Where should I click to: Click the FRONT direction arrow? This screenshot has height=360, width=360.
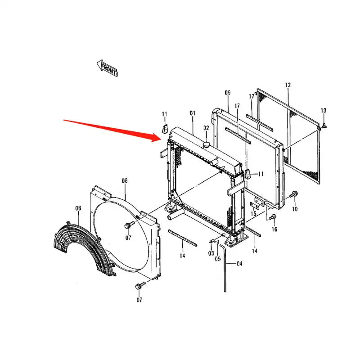click(108, 68)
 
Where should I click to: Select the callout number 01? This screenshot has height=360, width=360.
click(193, 113)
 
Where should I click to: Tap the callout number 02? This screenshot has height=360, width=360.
click(206, 128)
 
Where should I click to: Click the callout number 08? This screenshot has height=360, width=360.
click(78, 208)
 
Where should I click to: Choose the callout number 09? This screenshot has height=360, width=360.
click(227, 93)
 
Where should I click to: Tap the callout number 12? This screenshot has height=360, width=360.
click(288, 85)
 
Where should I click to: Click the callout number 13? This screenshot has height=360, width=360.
click(324, 110)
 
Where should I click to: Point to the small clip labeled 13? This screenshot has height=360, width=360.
click(324, 124)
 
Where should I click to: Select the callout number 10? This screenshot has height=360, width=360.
click(295, 209)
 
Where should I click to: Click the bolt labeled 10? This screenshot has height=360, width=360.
click(295, 194)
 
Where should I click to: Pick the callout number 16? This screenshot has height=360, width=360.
click(274, 229)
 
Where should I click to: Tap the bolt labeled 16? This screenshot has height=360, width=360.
click(273, 218)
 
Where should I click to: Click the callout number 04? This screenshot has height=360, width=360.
click(239, 264)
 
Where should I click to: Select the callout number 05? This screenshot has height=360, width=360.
click(218, 259)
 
